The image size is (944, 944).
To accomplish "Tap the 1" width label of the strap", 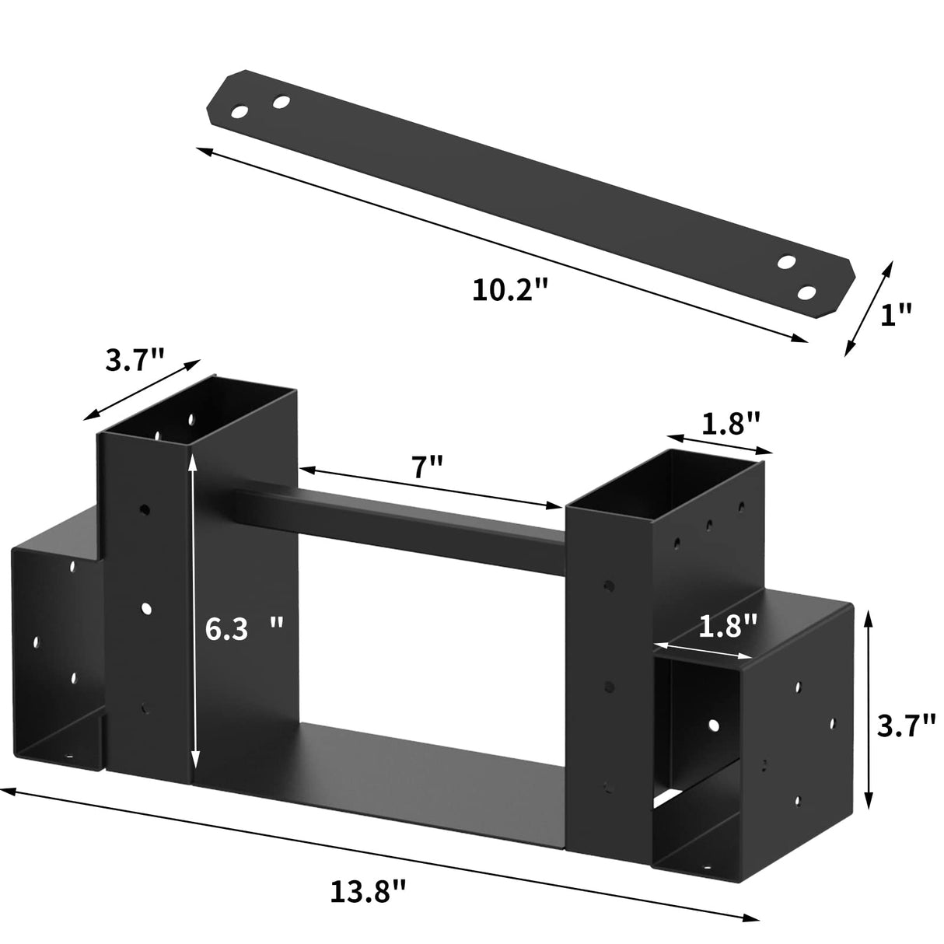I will click(x=897, y=314).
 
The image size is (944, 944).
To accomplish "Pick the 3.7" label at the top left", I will click(x=135, y=359).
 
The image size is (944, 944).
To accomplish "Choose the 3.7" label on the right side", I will click(x=905, y=726).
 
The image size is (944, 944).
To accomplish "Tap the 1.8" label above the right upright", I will click(x=730, y=424).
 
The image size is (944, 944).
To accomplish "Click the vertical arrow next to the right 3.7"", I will click(x=869, y=710).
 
